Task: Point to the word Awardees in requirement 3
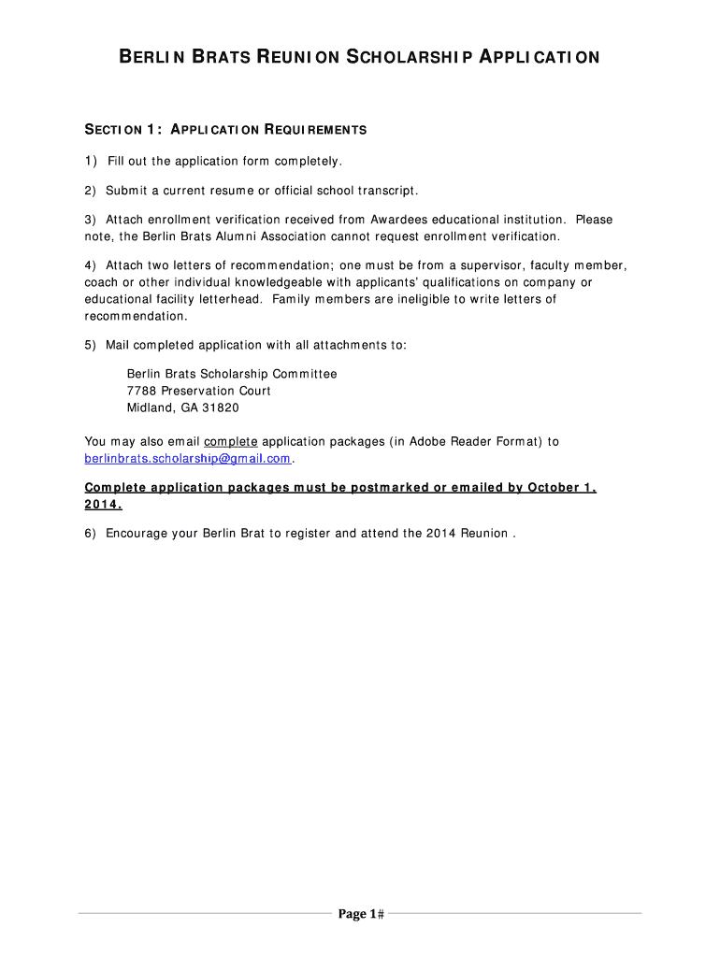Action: (402, 220)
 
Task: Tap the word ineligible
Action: (416, 299)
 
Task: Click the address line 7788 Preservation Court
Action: (198, 391)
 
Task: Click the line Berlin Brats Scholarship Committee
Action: (232, 374)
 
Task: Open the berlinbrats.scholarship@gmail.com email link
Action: (188, 458)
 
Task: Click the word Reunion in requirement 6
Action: (483, 534)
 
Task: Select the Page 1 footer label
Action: (359, 915)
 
